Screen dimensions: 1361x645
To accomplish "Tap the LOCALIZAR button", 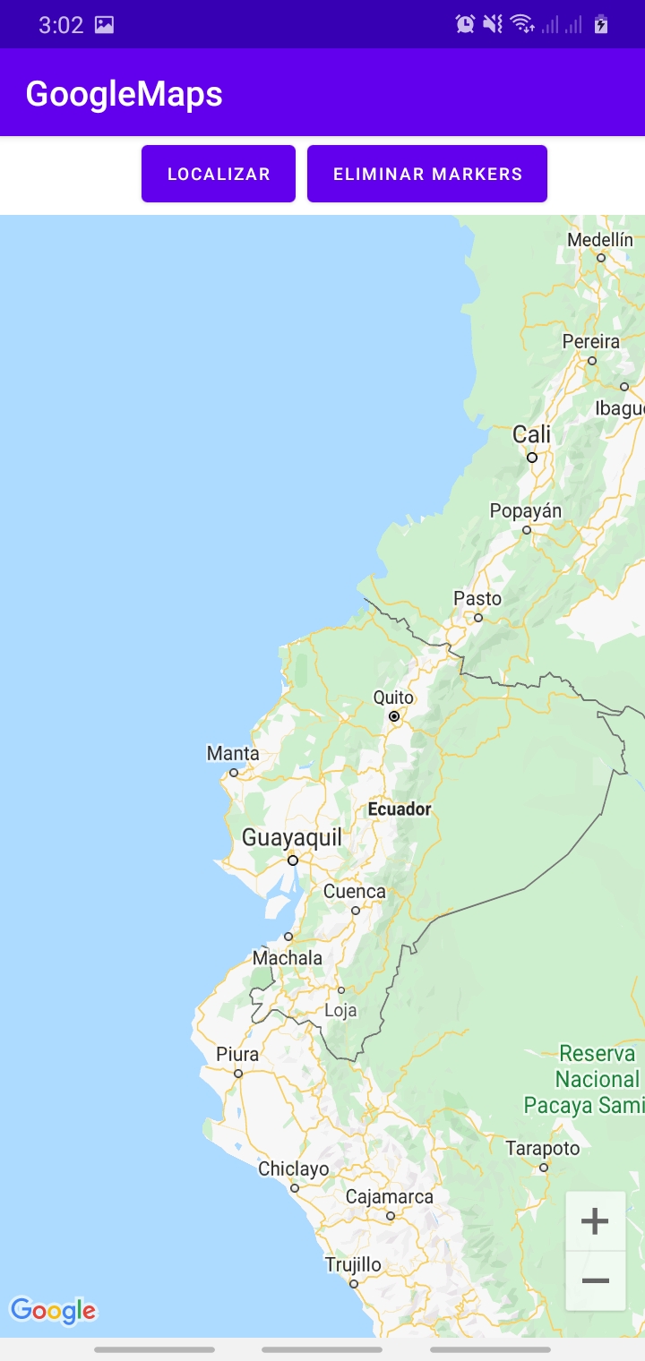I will tap(219, 174).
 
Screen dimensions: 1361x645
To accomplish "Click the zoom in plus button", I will tap(596, 1220).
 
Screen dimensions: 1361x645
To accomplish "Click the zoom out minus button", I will tap(596, 1281).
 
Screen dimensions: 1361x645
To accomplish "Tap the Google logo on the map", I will tap(53, 1311).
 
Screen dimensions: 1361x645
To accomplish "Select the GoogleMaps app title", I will tap(124, 93).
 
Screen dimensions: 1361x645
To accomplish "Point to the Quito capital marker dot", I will tap(394, 716).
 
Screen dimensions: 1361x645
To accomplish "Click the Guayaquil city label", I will tap(292, 837).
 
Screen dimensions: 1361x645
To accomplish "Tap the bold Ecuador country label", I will tap(400, 809).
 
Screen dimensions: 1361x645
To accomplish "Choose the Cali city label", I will tap(532, 435).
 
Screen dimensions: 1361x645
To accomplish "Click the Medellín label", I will tap(600, 240).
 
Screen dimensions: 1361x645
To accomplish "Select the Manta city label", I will tap(233, 753).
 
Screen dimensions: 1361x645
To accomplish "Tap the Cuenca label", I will tap(355, 892).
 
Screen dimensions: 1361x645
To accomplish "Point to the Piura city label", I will tap(237, 1054).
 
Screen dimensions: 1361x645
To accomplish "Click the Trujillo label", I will tap(353, 1265).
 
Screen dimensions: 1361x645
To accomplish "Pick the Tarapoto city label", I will tap(543, 1148).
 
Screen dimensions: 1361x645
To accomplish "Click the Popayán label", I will tap(526, 511).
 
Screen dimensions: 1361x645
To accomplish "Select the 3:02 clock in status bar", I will tap(61, 25).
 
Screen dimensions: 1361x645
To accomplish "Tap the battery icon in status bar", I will tap(601, 24).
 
